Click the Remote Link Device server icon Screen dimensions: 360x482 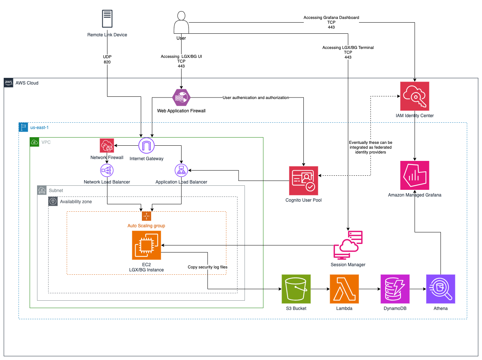tap(107, 19)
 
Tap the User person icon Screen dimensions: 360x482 tap(181, 23)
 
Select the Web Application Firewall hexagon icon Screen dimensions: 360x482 tap(182, 98)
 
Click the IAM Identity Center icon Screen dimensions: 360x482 tap(415, 96)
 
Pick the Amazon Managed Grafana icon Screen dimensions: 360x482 tap(415, 175)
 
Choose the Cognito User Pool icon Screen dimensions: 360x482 tap(303, 181)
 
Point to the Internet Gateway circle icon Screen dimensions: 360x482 tap(146, 146)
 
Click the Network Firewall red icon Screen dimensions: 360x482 tap(107, 146)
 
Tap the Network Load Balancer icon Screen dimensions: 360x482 tap(107, 171)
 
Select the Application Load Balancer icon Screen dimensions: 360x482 tap(181, 171)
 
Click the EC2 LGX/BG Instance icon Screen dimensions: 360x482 tap(146, 245)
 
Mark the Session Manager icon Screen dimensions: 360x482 tap(348, 245)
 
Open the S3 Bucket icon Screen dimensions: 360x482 tap(296, 289)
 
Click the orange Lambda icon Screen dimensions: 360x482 tap(344, 289)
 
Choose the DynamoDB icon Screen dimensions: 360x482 tap(395, 289)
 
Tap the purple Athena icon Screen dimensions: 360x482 tap(441, 289)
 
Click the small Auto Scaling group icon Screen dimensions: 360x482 tap(146, 216)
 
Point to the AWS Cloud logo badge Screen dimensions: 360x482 tap(9, 83)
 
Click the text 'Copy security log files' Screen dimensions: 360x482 tap(207, 267)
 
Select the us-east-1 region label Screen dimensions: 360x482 tap(39, 128)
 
